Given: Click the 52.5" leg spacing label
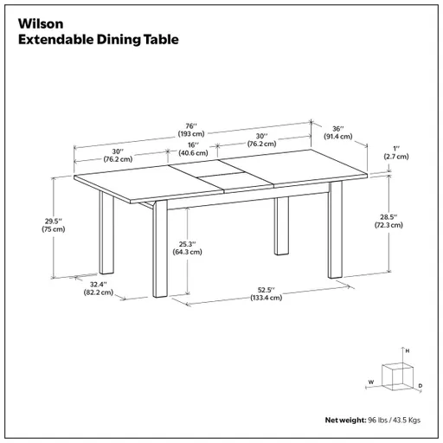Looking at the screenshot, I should click(265, 289).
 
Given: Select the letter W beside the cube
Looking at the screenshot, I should click(369, 382).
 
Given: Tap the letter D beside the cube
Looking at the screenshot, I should click(420, 385).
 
